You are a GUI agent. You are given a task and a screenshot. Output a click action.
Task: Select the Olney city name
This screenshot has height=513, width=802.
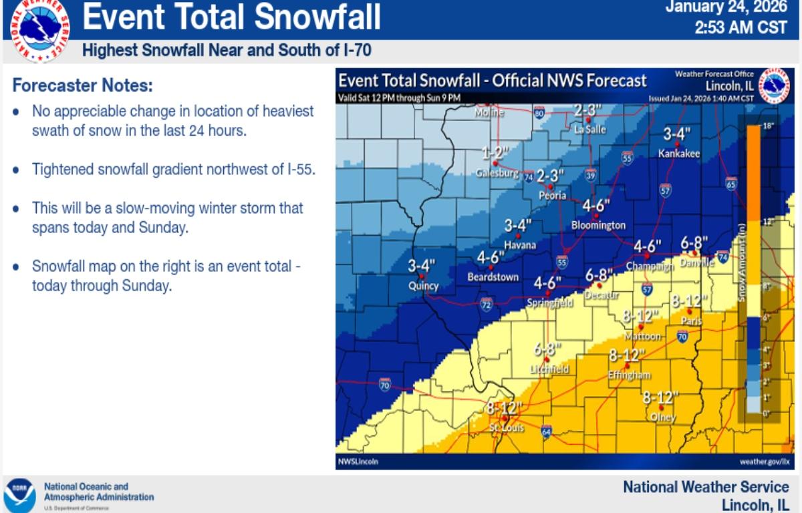662,417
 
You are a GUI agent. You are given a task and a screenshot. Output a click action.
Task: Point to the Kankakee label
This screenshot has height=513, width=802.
678,154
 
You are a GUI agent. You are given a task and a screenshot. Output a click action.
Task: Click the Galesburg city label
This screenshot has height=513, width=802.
497,174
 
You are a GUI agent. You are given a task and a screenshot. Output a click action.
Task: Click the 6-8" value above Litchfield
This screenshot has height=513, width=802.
547,349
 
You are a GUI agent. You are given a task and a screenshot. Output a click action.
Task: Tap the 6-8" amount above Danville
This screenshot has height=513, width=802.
694,243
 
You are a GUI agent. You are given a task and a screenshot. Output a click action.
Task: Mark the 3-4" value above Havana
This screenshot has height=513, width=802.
517,225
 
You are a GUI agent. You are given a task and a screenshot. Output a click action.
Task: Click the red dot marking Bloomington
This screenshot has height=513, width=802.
595,216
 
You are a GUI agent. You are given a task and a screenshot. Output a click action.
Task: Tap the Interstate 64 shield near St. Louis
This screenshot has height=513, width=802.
546,431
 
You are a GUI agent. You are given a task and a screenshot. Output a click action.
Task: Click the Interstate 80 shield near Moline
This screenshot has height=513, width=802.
539,113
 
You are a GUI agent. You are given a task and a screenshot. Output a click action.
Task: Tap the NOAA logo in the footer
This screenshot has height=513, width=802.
19,494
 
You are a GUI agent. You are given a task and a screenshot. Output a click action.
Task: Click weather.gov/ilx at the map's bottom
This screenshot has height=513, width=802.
764,462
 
